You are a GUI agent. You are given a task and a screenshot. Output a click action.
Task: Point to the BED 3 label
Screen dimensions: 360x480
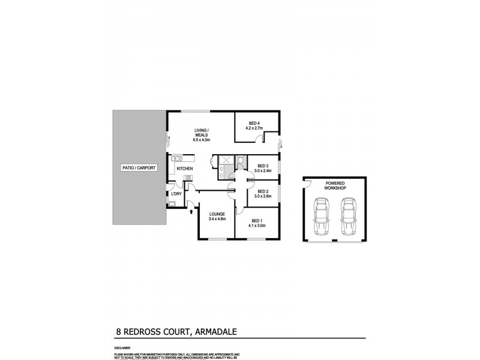point(263,166)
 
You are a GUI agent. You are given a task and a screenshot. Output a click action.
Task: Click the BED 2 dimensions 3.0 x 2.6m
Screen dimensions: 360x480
point(263,196)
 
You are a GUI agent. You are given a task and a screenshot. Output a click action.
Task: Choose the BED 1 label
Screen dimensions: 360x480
point(257,221)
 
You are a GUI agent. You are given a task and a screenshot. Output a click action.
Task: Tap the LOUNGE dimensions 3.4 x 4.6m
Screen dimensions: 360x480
point(217,219)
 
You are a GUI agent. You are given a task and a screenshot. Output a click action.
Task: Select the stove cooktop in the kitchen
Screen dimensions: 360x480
point(187,178)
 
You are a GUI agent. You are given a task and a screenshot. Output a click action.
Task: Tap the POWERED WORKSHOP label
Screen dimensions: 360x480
point(334,185)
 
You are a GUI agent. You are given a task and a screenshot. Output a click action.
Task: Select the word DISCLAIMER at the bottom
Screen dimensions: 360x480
point(122,347)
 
